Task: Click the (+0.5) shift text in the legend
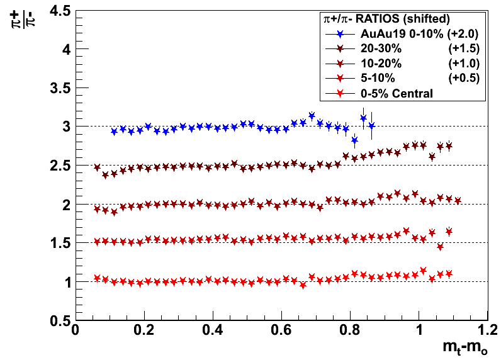[x=464, y=78]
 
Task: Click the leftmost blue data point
[x=114, y=132]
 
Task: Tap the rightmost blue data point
[x=371, y=126]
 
